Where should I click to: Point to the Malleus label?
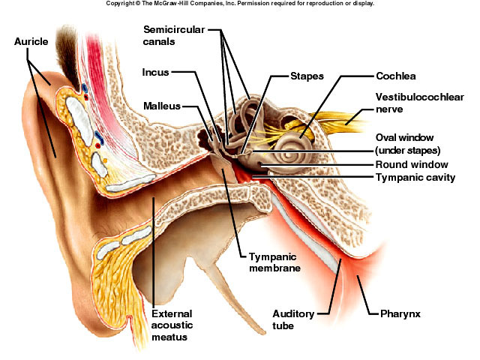pos(162,106)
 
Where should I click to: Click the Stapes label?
pos(307,76)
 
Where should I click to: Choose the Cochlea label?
pos(396,76)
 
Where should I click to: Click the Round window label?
pos(412,164)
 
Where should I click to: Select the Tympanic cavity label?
pos(415,178)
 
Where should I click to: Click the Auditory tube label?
pos(293,319)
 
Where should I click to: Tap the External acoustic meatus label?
pos(172,325)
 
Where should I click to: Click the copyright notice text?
pos(239,4)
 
